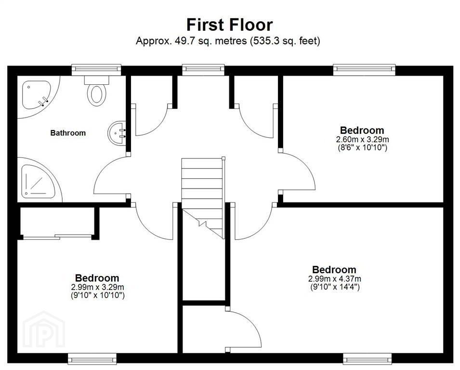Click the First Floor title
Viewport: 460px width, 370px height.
click(230, 25)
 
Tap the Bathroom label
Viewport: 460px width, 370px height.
click(68, 133)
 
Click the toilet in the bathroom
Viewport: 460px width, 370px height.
click(96, 91)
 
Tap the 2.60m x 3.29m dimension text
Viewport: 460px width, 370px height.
click(362, 139)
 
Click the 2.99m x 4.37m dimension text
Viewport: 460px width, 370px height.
click(334, 278)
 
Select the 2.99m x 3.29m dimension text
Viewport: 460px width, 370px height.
click(97, 287)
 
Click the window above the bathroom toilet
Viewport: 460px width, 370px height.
click(96, 69)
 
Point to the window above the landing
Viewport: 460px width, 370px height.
click(203, 69)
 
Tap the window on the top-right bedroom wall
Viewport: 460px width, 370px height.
click(364, 69)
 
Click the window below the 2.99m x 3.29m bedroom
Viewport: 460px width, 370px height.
click(92, 358)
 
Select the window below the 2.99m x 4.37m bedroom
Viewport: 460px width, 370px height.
click(368, 358)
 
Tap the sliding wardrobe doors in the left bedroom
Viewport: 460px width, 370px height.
click(57, 237)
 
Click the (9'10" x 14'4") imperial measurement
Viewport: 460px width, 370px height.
click(335, 287)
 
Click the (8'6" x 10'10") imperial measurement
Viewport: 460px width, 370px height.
click(363, 147)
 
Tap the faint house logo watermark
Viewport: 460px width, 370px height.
click(44, 329)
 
